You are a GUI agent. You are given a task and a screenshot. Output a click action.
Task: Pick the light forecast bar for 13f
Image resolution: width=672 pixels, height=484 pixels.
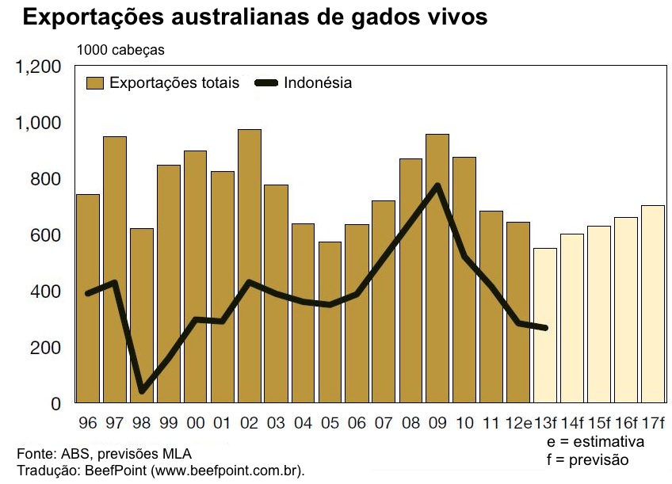(x=545, y=326)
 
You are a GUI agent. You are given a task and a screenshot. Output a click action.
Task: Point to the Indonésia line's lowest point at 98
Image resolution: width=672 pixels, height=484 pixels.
(x=142, y=391)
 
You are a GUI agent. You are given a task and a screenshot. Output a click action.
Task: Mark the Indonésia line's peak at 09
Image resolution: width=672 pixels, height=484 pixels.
(x=437, y=185)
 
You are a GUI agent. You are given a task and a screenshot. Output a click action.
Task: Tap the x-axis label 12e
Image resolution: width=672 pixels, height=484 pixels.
(x=518, y=422)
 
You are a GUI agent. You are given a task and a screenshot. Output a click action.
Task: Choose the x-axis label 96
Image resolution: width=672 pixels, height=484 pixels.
(x=87, y=422)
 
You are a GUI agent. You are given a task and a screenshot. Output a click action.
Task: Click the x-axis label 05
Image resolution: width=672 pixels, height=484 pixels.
(x=330, y=422)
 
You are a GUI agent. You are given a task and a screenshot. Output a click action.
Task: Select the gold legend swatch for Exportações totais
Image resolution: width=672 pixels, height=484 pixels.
(x=95, y=83)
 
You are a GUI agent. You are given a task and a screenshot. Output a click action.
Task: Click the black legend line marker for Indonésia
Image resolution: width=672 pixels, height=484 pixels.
(x=269, y=83)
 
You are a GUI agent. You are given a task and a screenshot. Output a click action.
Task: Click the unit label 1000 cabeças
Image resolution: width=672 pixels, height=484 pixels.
(x=120, y=50)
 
